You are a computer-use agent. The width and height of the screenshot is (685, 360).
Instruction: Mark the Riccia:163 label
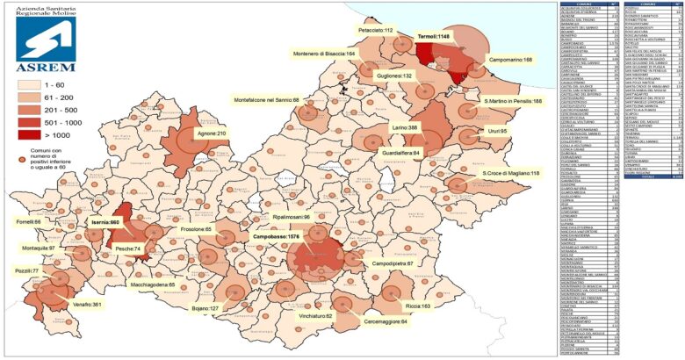coord(417,306)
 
